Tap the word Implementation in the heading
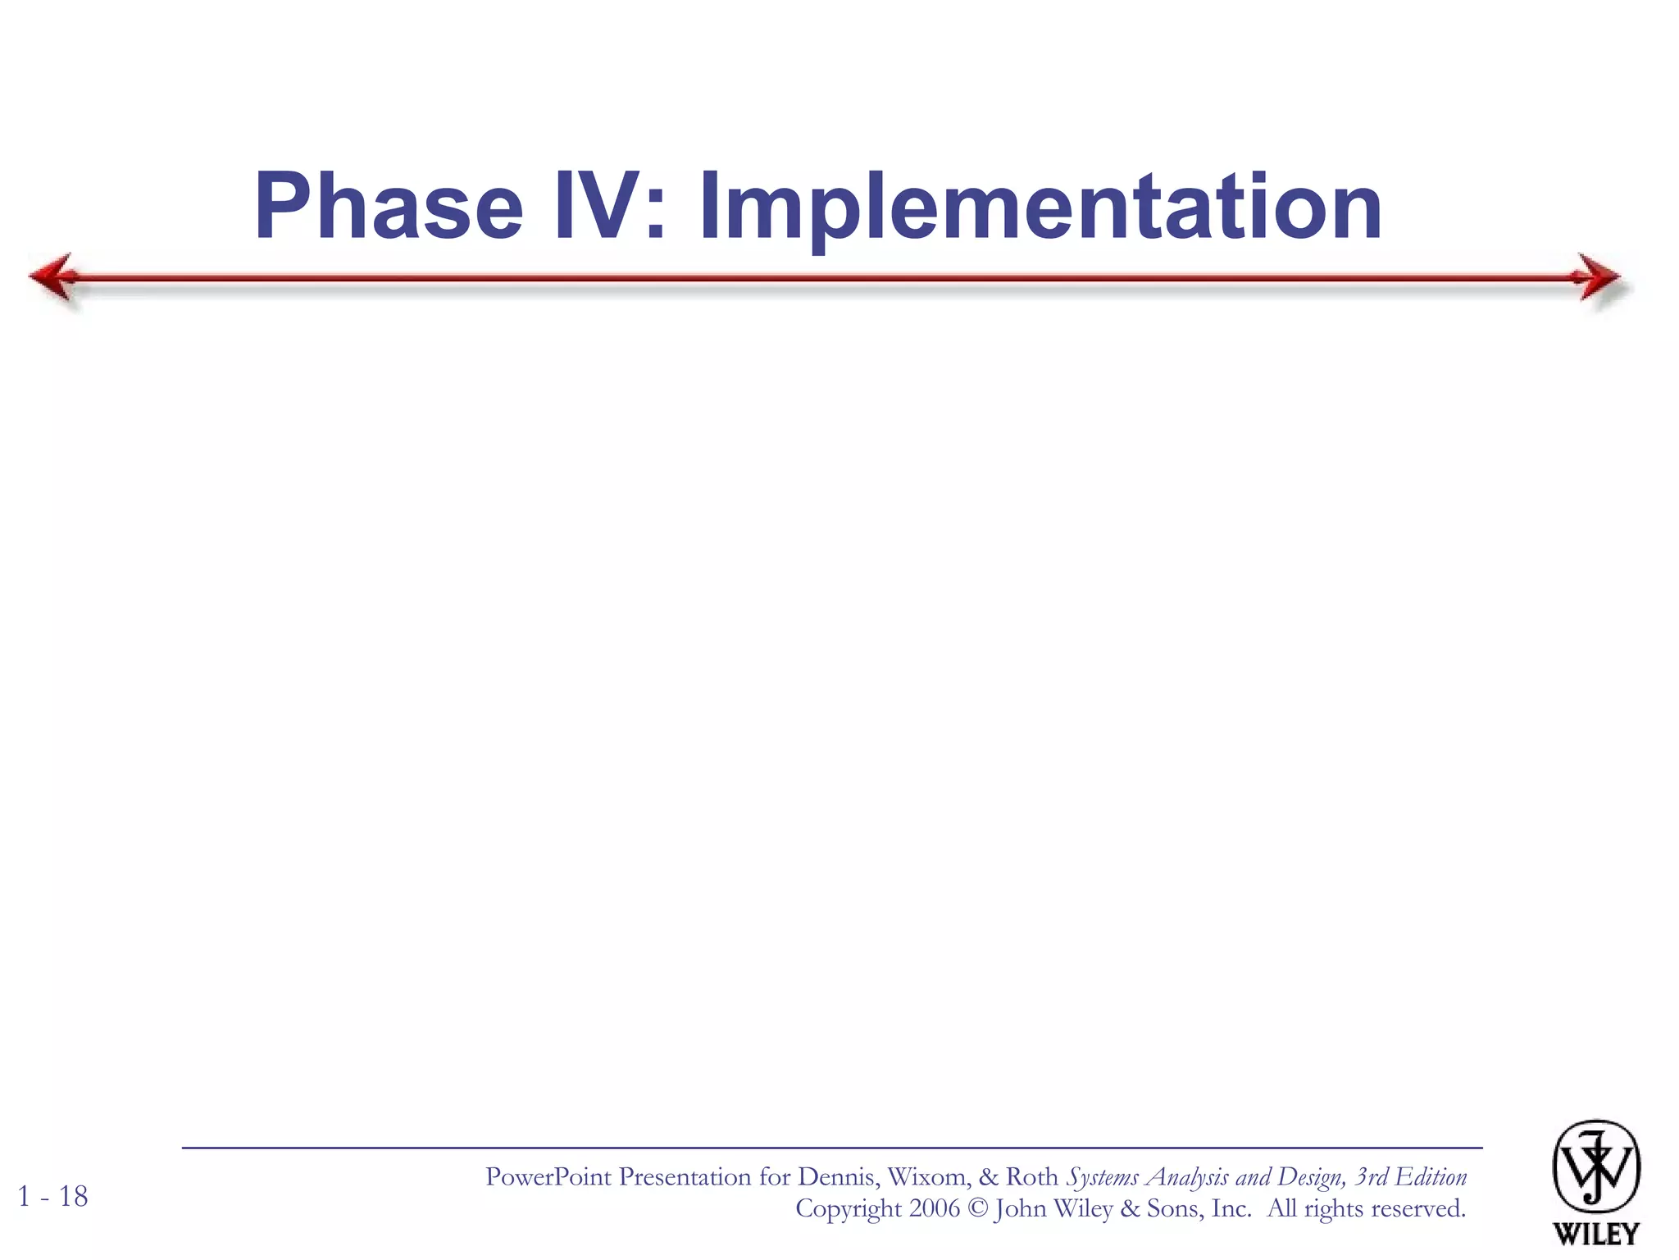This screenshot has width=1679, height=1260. pyautogui.click(x=1040, y=207)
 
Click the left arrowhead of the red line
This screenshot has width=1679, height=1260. pyautogui.click(x=54, y=277)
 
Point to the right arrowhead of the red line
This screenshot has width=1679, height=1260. pyautogui.click(x=1599, y=277)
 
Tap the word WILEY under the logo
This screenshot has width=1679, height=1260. pyautogui.click(x=1595, y=1234)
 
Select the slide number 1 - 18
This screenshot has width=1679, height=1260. pyautogui.click(x=52, y=1197)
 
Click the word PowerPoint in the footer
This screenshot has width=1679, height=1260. pyautogui.click(x=548, y=1177)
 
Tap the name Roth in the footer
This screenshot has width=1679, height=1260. pyautogui.click(x=1031, y=1177)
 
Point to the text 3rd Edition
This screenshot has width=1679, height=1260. pyautogui.click(x=1411, y=1177)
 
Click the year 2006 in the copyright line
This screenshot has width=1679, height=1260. pyautogui.click(x=934, y=1208)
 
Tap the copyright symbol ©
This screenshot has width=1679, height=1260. pyautogui.click(x=977, y=1208)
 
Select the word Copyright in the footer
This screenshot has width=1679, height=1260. pyautogui.click(x=848, y=1209)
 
